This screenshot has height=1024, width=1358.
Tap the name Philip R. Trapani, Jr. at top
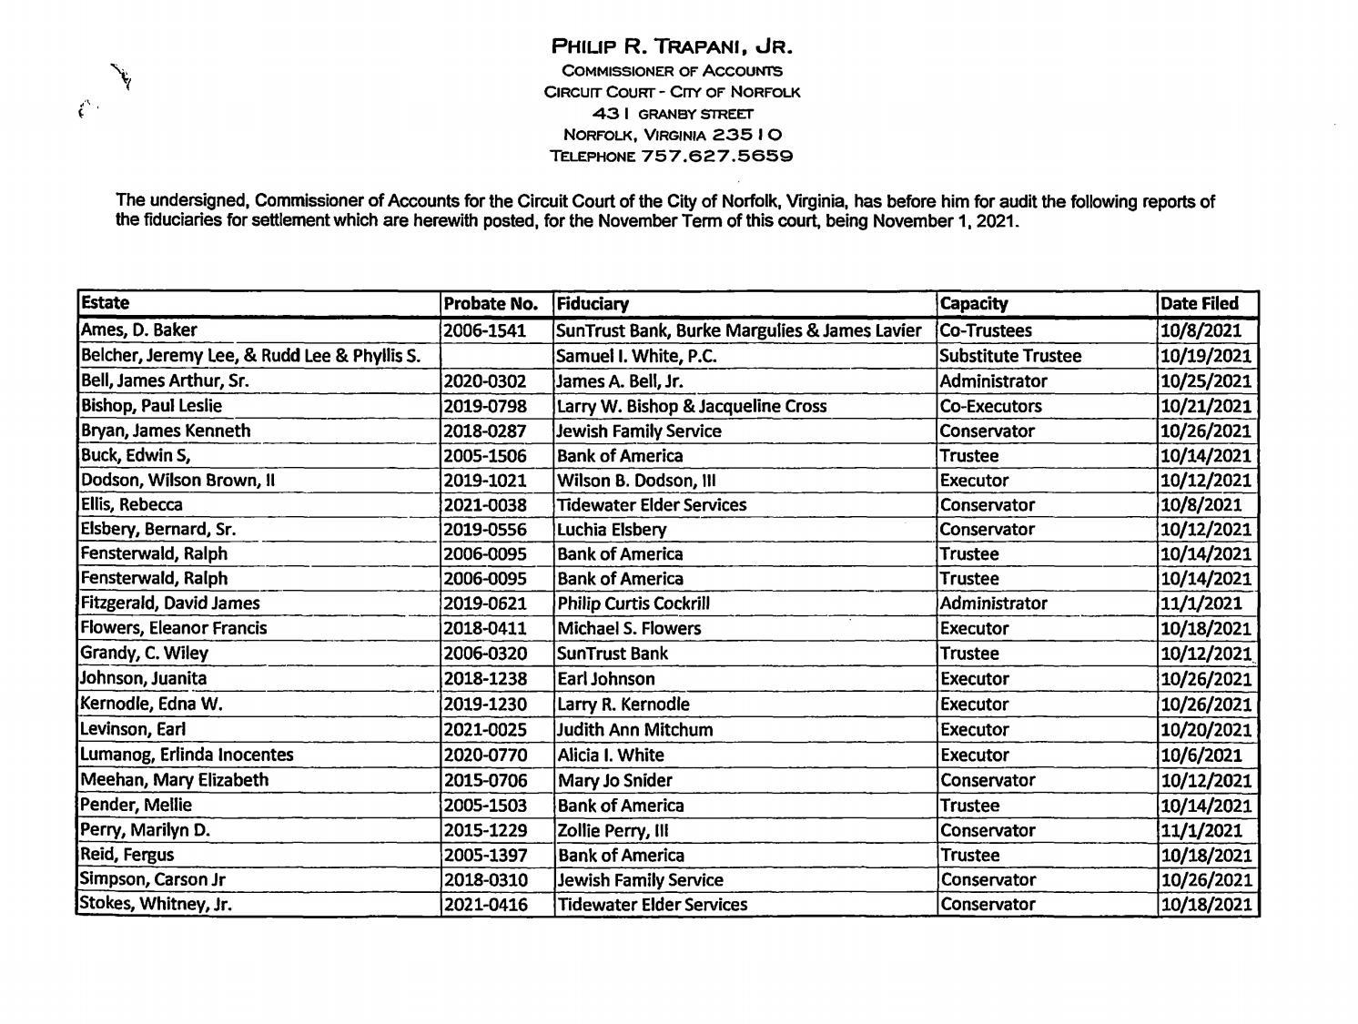pos(673,46)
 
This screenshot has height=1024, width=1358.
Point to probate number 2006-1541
pos(485,331)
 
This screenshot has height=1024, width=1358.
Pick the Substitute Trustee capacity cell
pos(1010,356)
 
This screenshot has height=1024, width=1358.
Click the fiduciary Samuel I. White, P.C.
pos(636,356)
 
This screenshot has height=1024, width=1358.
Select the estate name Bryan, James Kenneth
pos(166,431)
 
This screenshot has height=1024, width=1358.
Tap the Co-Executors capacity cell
pos(990,406)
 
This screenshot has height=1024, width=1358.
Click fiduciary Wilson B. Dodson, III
pos(631,481)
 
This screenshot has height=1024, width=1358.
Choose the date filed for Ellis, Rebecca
pos(1200,505)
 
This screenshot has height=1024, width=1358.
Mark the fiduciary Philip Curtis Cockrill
pos(633,603)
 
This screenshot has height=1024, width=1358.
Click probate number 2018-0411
pos(485,629)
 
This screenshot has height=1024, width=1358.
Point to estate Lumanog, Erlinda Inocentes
pos(187,755)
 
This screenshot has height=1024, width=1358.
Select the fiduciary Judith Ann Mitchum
pos(634,730)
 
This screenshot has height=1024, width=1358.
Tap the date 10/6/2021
pos(1200,755)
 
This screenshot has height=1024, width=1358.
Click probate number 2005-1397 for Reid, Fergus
pos(485,856)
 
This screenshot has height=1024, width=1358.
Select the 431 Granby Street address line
pos(673,114)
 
